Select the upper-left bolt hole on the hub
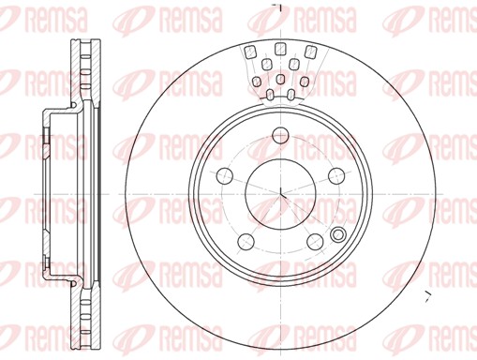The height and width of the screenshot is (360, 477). [224, 175]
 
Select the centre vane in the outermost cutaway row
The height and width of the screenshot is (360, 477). [280, 52]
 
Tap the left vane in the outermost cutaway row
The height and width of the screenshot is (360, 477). [251, 54]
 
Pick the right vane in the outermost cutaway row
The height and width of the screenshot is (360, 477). [310, 52]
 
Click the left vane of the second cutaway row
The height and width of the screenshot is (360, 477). [266, 66]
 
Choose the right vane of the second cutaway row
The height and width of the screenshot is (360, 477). [295, 65]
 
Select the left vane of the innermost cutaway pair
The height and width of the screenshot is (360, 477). [269, 95]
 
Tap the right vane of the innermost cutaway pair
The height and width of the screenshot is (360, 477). [292, 94]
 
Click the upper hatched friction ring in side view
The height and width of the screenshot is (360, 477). [84, 75]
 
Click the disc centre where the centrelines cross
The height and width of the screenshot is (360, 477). [281, 194]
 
